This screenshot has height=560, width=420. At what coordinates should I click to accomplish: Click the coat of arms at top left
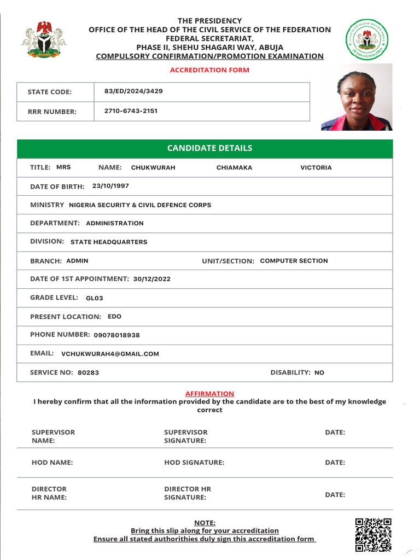tap(43, 39)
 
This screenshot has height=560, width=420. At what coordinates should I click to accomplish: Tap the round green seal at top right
tap(366, 40)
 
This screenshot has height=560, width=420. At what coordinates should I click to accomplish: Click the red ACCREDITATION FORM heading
tap(209, 70)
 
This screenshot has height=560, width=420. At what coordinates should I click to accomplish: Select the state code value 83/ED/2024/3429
tap(133, 91)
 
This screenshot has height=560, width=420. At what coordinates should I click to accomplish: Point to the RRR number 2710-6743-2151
tap(131, 111)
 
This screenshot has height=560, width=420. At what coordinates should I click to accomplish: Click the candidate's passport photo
tap(357, 97)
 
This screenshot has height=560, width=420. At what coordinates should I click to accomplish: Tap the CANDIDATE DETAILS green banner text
tap(209, 148)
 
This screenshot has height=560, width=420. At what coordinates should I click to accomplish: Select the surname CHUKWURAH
tap(153, 168)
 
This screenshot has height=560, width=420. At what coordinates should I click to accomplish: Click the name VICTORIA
tap(316, 168)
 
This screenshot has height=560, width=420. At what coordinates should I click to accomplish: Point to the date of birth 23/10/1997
tap(110, 186)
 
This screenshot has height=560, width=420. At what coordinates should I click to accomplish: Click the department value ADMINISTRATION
tap(115, 223)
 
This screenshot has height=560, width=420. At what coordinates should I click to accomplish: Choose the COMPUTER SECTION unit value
tap(294, 261)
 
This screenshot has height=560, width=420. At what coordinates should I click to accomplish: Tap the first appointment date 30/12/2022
tap(151, 279)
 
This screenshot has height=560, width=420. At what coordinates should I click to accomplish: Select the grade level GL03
tap(95, 298)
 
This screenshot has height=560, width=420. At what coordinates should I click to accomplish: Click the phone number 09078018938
tap(116, 335)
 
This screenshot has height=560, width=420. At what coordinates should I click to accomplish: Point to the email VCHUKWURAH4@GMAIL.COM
tap(110, 354)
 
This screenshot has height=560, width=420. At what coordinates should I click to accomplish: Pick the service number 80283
tap(88, 372)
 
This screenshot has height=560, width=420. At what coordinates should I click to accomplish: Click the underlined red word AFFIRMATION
tap(209, 394)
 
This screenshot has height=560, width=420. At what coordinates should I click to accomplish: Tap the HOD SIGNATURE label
tap(194, 463)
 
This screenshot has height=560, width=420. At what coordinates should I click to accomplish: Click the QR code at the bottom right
tap(373, 535)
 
